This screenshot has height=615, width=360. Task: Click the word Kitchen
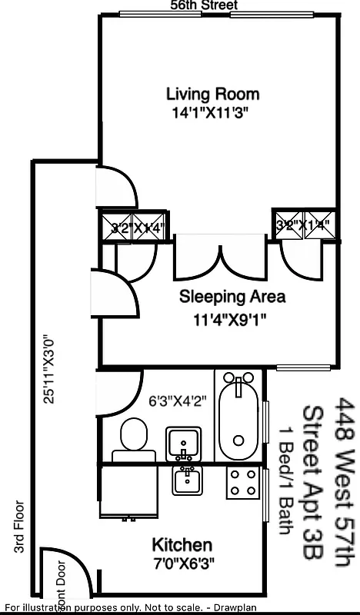(x=182, y=545)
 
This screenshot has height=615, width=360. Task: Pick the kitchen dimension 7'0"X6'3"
(x=182, y=561)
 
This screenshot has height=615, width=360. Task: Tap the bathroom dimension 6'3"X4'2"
(x=178, y=401)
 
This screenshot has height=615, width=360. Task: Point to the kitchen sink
(x=187, y=481)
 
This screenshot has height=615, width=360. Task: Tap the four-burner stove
(x=242, y=483)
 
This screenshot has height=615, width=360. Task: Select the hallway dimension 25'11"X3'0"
(x=50, y=367)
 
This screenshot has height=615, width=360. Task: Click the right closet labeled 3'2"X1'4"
(x=307, y=225)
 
